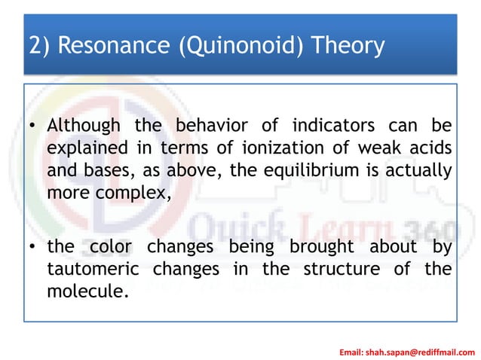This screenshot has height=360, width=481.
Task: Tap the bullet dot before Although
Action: [34, 125]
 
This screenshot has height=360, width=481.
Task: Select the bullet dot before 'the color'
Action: [34, 247]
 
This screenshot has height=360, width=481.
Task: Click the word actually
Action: [413, 169]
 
